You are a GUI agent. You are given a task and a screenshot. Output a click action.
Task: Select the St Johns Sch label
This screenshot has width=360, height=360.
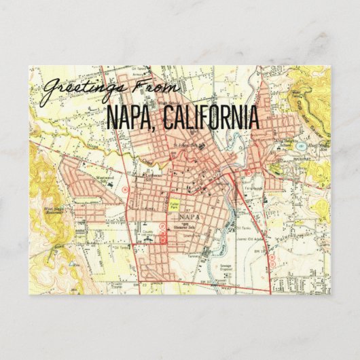pyautogui.click(x=187, y=145)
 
